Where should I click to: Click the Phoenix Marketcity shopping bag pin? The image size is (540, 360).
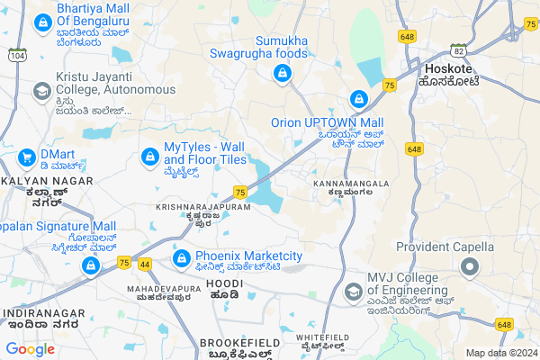(181, 258)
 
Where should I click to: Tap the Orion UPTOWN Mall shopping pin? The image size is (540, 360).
(358, 99)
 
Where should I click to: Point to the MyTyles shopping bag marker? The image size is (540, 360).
(148, 157)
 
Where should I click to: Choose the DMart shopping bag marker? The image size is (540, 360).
(26, 158)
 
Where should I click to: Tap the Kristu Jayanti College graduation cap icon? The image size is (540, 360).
(41, 91)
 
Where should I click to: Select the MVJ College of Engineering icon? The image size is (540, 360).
(353, 291)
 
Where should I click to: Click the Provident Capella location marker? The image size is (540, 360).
(469, 267)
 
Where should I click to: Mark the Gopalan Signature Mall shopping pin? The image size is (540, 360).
(91, 266)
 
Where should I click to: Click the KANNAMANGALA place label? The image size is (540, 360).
(351, 184)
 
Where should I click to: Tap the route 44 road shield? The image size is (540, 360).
(145, 263)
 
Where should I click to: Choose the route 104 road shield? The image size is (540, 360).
(15, 55)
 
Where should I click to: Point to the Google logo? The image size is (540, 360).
(31, 348)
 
